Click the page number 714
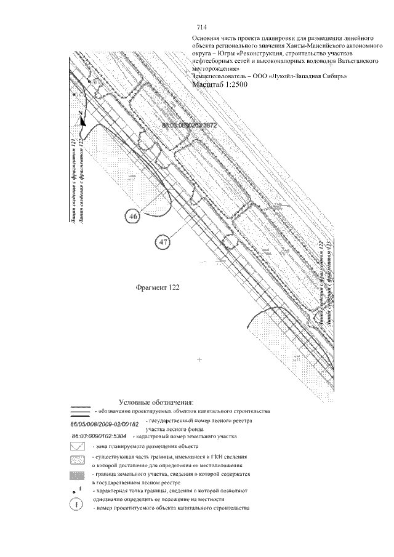[201, 28]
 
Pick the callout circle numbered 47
[163, 242]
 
